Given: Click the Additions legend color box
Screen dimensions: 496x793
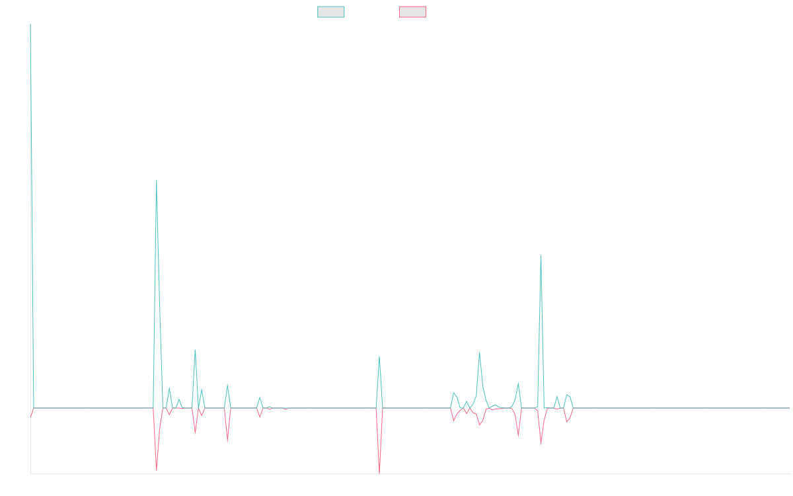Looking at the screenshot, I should coord(331,12).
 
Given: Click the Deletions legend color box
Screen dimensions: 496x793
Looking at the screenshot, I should coord(413,12).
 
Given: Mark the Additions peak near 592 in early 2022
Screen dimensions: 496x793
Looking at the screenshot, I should coord(157,181).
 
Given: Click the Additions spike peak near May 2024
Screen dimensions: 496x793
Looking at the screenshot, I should coord(541,255).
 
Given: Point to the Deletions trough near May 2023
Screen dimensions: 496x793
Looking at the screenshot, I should coord(379,472).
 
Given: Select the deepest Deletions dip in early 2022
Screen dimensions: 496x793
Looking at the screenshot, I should coord(157,470).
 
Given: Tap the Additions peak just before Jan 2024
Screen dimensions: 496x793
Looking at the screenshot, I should coord(479,352).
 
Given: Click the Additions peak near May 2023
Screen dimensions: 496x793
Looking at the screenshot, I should coord(379,356).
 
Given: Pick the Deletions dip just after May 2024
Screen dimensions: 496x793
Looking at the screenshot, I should coord(541,444).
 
